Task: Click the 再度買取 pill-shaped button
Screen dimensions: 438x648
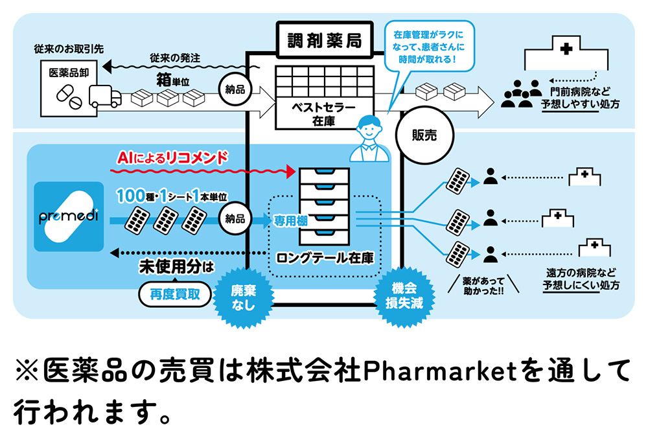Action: (175, 295)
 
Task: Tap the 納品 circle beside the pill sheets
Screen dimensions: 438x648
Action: (236, 219)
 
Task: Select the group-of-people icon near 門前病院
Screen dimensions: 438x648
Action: (522, 93)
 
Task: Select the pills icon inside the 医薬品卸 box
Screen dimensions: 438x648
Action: (67, 96)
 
